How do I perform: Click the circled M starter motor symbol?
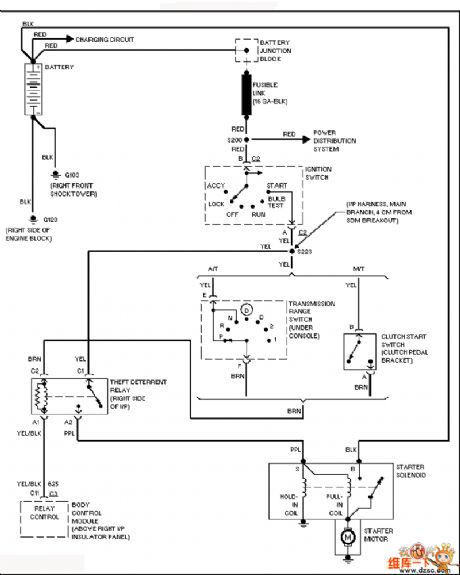pyautogui.click(x=347, y=537)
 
